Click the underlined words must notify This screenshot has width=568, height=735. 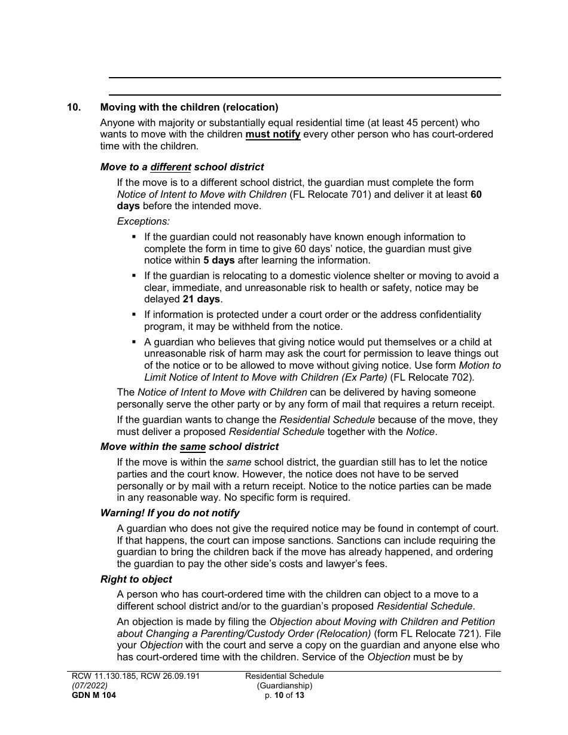[x=273, y=134]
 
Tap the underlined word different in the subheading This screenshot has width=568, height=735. [x=170, y=167]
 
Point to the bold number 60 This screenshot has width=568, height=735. [x=476, y=194]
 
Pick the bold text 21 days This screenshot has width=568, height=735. [x=201, y=299]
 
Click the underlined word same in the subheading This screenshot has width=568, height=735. [x=193, y=447]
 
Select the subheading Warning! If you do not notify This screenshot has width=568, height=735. [x=170, y=513]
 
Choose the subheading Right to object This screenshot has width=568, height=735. [x=136, y=579]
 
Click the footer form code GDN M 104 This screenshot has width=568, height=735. [x=91, y=695]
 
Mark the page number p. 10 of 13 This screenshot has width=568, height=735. [x=285, y=695]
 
